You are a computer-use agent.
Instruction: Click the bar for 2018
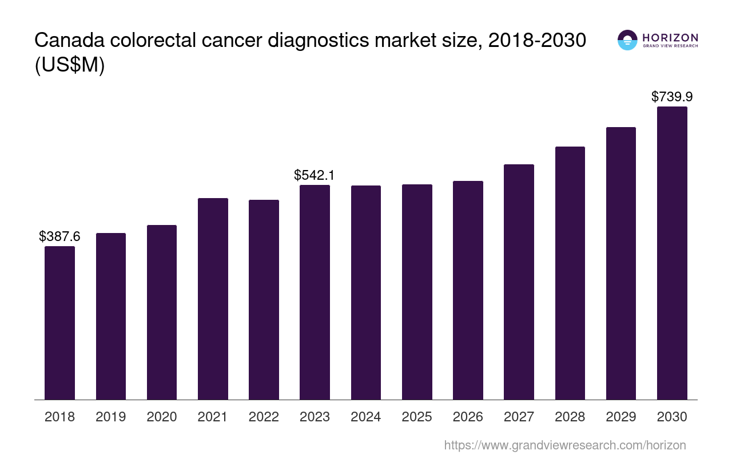pyautogui.click(x=59, y=323)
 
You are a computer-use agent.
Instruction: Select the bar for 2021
pyautogui.click(x=213, y=299)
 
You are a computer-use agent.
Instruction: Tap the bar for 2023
pyautogui.click(x=315, y=292)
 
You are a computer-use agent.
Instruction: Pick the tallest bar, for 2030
pyautogui.click(x=672, y=253)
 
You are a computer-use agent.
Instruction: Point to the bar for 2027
pyautogui.click(x=519, y=282)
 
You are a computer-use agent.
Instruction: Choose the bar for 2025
pyautogui.click(x=417, y=292)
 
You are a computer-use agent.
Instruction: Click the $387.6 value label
pyautogui.click(x=59, y=236)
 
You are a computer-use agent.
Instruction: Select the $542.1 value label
pyautogui.click(x=315, y=175)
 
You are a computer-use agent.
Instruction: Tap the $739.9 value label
pyautogui.click(x=672, y=97)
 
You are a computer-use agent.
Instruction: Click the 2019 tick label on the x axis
pyautogui.click(x=110, y=417)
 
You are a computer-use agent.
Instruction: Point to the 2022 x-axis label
pyautogui.click(x=264, y=417)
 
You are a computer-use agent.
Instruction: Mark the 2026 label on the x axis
pyautogui.click(x=468, y=417)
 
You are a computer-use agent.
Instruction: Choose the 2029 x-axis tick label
pyautogui.click(x=621, y=417)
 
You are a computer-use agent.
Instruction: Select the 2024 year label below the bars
pyautogui.click(x=366, y=417)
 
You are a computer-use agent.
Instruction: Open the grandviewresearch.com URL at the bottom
pyautogui.click(x=565, y=445)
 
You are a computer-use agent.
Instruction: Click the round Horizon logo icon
pyautogui.click(x=627, y=40)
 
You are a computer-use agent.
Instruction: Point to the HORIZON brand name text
pyautogui.click(x=670, y=37)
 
